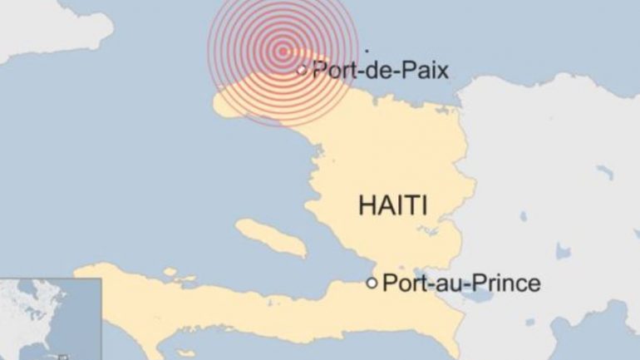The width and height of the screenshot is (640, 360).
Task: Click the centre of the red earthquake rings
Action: pyautogui.click(x=284, y=51)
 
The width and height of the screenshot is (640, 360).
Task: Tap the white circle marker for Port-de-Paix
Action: pyautogui.click(x=303, y=71)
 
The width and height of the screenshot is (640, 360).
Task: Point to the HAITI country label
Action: pyautogui.click(x=393, y=205)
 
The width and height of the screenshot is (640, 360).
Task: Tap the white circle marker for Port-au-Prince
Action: pyautogui.click(x=372, y=284)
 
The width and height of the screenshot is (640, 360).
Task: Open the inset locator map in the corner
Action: pyautogui.click(x=50, y=319)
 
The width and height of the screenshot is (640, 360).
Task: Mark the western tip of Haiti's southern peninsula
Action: pyautogui.click(x=79, y=271)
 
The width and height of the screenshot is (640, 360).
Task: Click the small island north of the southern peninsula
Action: pyautogui.click(x=170, y=272)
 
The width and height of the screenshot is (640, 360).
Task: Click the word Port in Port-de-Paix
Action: pyautogui.click(x=332, y=71)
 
